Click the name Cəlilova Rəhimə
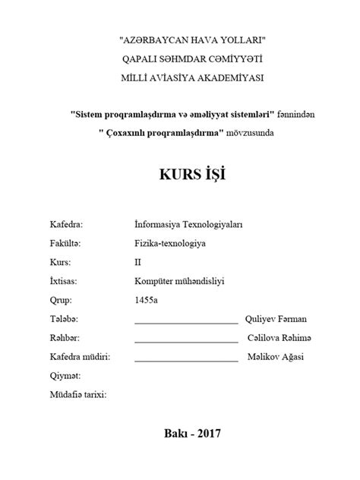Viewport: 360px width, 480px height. (279, 338)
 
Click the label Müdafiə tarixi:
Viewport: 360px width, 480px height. (78, 395)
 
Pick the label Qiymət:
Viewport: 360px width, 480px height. (65, 376)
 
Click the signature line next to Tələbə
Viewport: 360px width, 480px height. (185, 323)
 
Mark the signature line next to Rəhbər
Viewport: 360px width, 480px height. (185, 342)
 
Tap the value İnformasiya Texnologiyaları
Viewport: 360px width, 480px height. (187, 225)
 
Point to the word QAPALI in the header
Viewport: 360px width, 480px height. (142, 58)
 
